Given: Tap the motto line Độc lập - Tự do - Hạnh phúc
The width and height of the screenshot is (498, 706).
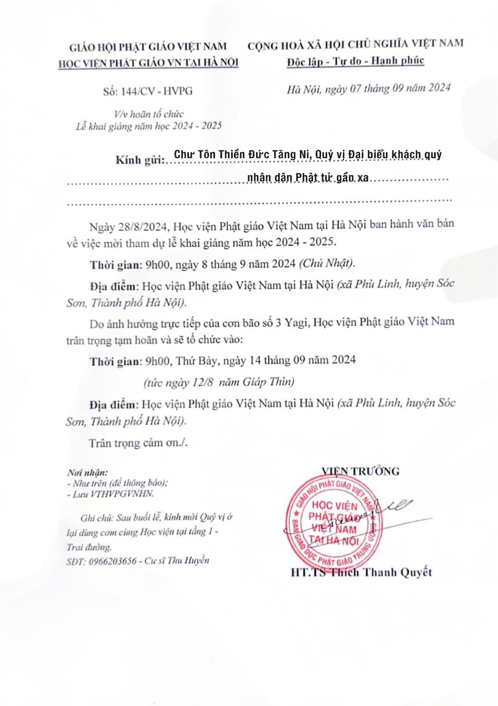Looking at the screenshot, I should coord(355,61).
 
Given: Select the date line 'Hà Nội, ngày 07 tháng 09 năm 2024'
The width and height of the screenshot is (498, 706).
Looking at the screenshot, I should coord(368,88).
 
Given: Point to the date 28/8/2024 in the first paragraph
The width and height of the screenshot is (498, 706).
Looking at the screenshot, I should coord(142,226).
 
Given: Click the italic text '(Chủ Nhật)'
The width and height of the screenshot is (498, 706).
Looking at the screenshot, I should coord(327,263).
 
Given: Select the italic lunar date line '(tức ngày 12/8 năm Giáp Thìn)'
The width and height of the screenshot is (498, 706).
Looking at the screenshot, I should coord(219,382).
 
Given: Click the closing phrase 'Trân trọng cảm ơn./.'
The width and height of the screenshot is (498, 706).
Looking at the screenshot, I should coord(138,443).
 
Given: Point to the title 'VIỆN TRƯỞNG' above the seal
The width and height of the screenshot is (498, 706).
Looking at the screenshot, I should coord(360,471).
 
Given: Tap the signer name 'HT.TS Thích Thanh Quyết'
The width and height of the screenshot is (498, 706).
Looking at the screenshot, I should coord(361,572).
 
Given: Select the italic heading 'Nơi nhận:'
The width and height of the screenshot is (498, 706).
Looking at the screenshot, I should coord(87,473).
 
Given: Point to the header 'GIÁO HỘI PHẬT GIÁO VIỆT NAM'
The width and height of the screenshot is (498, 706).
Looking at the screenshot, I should coord(148,47).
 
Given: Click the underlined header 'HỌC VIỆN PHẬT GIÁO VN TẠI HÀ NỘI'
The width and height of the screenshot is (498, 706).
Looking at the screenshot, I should coord(148,63).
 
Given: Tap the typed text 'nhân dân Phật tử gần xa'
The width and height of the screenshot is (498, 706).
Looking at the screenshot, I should coord(307,178).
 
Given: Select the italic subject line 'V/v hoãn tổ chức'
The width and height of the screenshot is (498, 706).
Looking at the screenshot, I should coord(149,114).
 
